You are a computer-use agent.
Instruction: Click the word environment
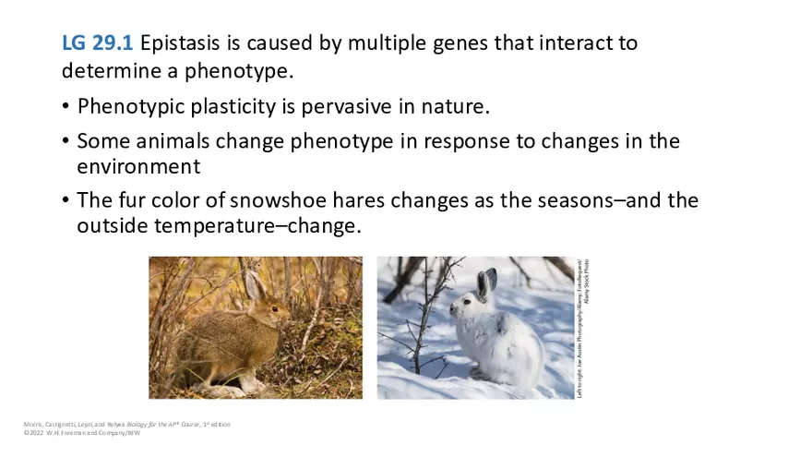click(138, 166)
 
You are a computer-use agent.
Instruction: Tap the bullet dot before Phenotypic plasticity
click(66, 107)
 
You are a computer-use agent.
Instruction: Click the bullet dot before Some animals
click(66, 142)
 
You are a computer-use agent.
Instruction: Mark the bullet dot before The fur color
click(66, 201)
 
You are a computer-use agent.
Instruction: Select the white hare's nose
click(453, 308)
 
